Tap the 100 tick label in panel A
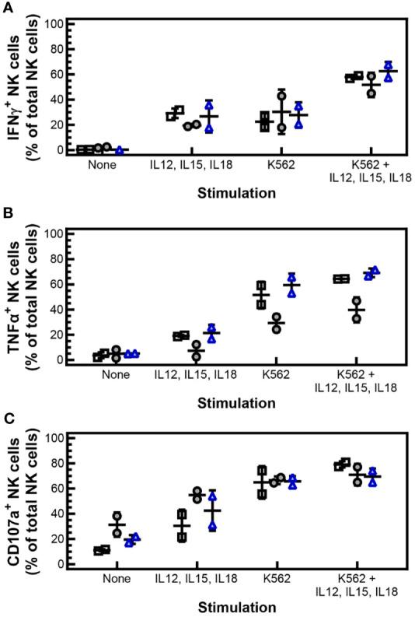[51, 23]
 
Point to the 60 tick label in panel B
[54, 284]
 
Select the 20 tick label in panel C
[54, 539]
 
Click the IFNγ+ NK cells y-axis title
[17, 86]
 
